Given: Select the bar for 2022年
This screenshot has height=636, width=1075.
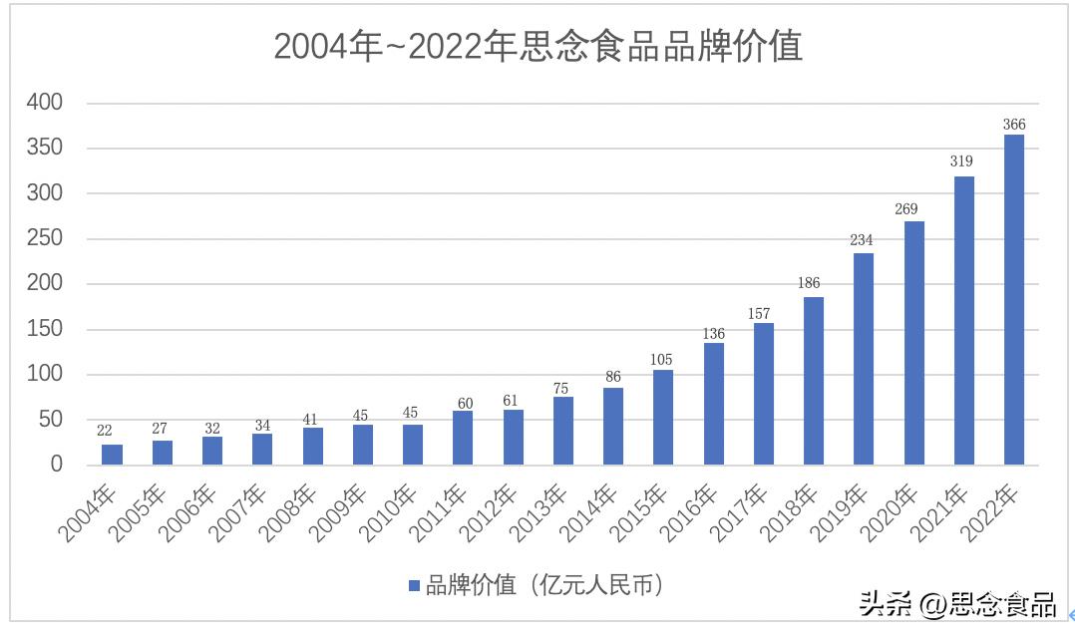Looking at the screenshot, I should click(x=1013, y=299).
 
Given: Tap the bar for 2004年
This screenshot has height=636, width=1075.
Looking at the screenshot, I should click(x=112, y=455).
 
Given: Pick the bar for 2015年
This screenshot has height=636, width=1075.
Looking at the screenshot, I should click(x=663, y=417).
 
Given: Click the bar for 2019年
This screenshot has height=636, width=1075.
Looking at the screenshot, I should click(x=864, y=359).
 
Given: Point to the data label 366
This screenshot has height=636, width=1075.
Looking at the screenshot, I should click(x=1013, y=125).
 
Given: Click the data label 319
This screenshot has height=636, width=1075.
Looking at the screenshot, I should click(x=963, y=161).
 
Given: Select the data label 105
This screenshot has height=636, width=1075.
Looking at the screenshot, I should click(x=663, y=360).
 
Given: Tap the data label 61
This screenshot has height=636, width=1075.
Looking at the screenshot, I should click(x=513, y=401).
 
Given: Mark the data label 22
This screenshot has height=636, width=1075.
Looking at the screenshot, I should click(x=105, y=431).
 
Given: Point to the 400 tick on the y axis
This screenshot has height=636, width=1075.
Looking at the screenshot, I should click(x=45, y=103).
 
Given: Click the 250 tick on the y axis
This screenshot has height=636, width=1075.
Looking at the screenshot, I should click(x=45, y=238).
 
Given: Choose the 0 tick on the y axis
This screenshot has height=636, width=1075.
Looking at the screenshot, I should click(x=56, y=465).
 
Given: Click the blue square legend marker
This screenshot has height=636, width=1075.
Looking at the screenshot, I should click(x=414, y=586).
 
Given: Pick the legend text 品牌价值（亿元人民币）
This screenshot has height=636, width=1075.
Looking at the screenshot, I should click(x=544, y=586).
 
